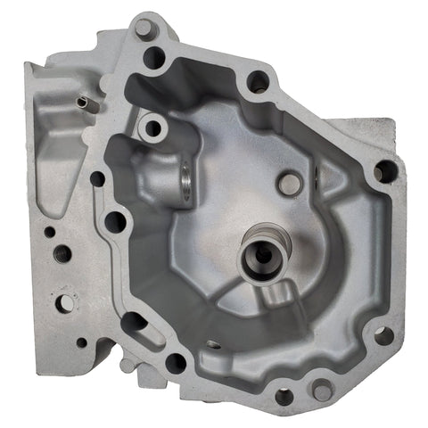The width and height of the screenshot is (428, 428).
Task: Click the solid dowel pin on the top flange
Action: pos(144,30)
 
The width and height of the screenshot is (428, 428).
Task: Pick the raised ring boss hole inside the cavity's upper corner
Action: pos(152,128)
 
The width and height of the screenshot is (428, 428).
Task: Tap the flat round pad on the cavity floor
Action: pos(289,185)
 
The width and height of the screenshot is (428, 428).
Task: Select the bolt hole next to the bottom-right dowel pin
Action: pos(284,396)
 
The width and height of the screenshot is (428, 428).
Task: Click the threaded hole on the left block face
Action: pos(62,254)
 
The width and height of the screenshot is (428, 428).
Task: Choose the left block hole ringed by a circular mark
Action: pos(64,303)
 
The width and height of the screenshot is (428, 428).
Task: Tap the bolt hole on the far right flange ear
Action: pos(385,170)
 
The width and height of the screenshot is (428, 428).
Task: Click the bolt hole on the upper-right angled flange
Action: pos(258,83)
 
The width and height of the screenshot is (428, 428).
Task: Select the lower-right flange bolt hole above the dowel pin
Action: pos(383,335)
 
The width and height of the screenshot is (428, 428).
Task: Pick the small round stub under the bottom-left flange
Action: pos(128,366)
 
